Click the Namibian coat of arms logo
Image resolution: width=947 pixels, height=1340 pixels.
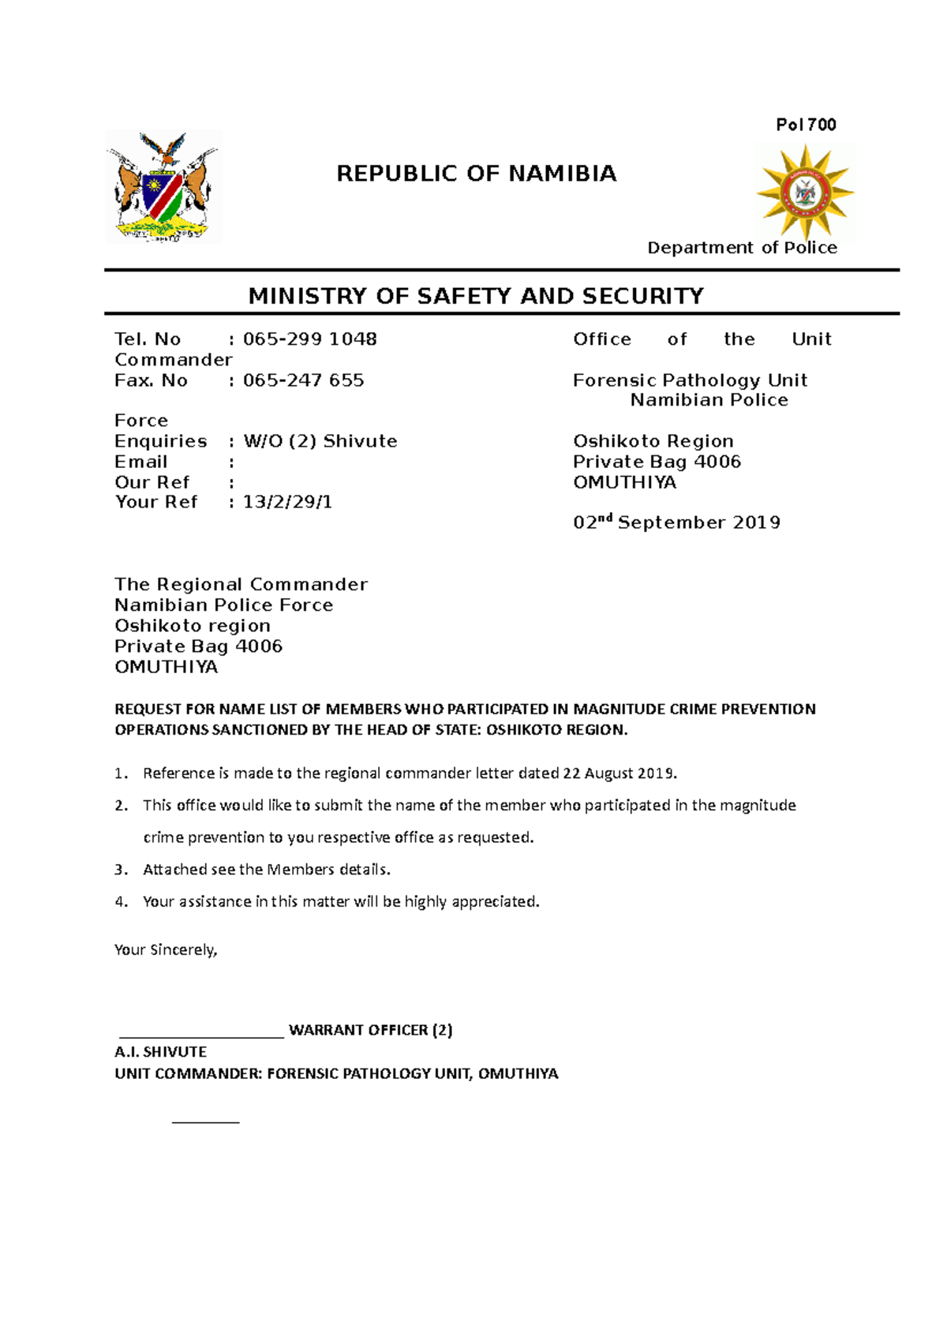(163, 188)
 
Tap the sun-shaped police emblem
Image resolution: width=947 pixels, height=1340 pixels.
(805, 192)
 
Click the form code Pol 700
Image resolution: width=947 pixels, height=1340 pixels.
(806, 125)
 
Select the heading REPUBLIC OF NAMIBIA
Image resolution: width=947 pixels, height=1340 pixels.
(476, 174)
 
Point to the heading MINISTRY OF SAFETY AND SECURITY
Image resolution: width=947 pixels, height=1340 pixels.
(475, 296)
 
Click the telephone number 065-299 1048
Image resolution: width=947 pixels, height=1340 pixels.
(309, 339)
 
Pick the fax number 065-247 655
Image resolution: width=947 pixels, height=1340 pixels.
(303, 380)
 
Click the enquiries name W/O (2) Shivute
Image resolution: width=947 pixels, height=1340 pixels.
(320, 441)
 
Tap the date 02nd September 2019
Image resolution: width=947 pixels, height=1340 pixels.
(676, 522)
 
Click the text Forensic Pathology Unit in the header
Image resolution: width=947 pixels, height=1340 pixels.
(690, 380)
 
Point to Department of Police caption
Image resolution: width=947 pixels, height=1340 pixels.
(742, 248)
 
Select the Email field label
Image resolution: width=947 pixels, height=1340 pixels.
(141, 462)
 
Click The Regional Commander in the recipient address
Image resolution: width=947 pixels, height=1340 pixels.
(241, 585)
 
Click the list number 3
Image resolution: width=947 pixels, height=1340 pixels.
(120, 870)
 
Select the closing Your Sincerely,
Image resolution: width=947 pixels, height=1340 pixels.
(166, 950)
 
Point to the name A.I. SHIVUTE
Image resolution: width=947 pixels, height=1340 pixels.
(160, 1052)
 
